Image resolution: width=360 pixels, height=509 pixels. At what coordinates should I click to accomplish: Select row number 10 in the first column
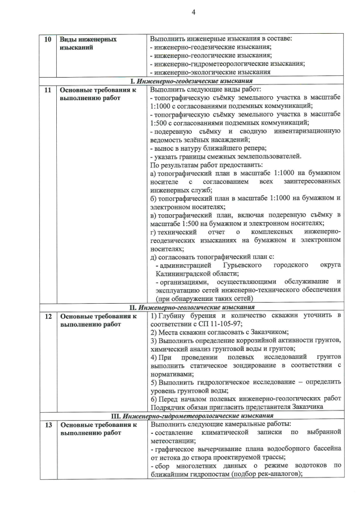(48, 39)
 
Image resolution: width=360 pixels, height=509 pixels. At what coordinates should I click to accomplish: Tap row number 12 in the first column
(48, 316)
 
